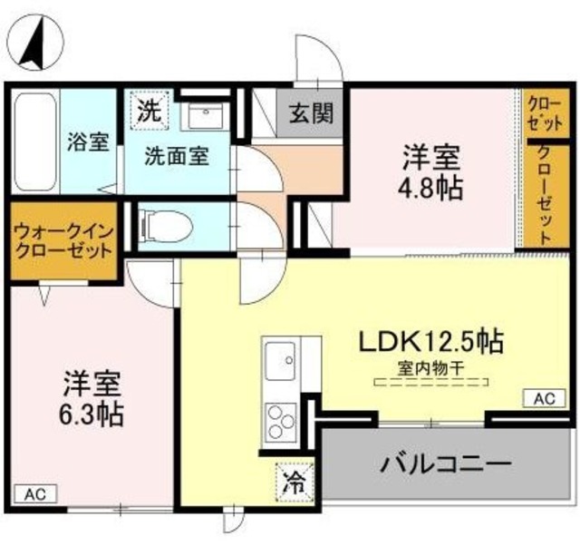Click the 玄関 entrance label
pyautogui.click(x=310, y=113)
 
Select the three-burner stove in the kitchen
pyautogui.click(x=279, y=420)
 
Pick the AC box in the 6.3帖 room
pyautogui.click(x=34, y=494)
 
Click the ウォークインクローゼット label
pyautogui.click(x=63, y=240)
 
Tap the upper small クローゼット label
pyautogui.click(x=544, y=113)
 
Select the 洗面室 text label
pyautogui.click(x=177, y=155)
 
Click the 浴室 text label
pyautogui.click(x=87, y=142)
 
